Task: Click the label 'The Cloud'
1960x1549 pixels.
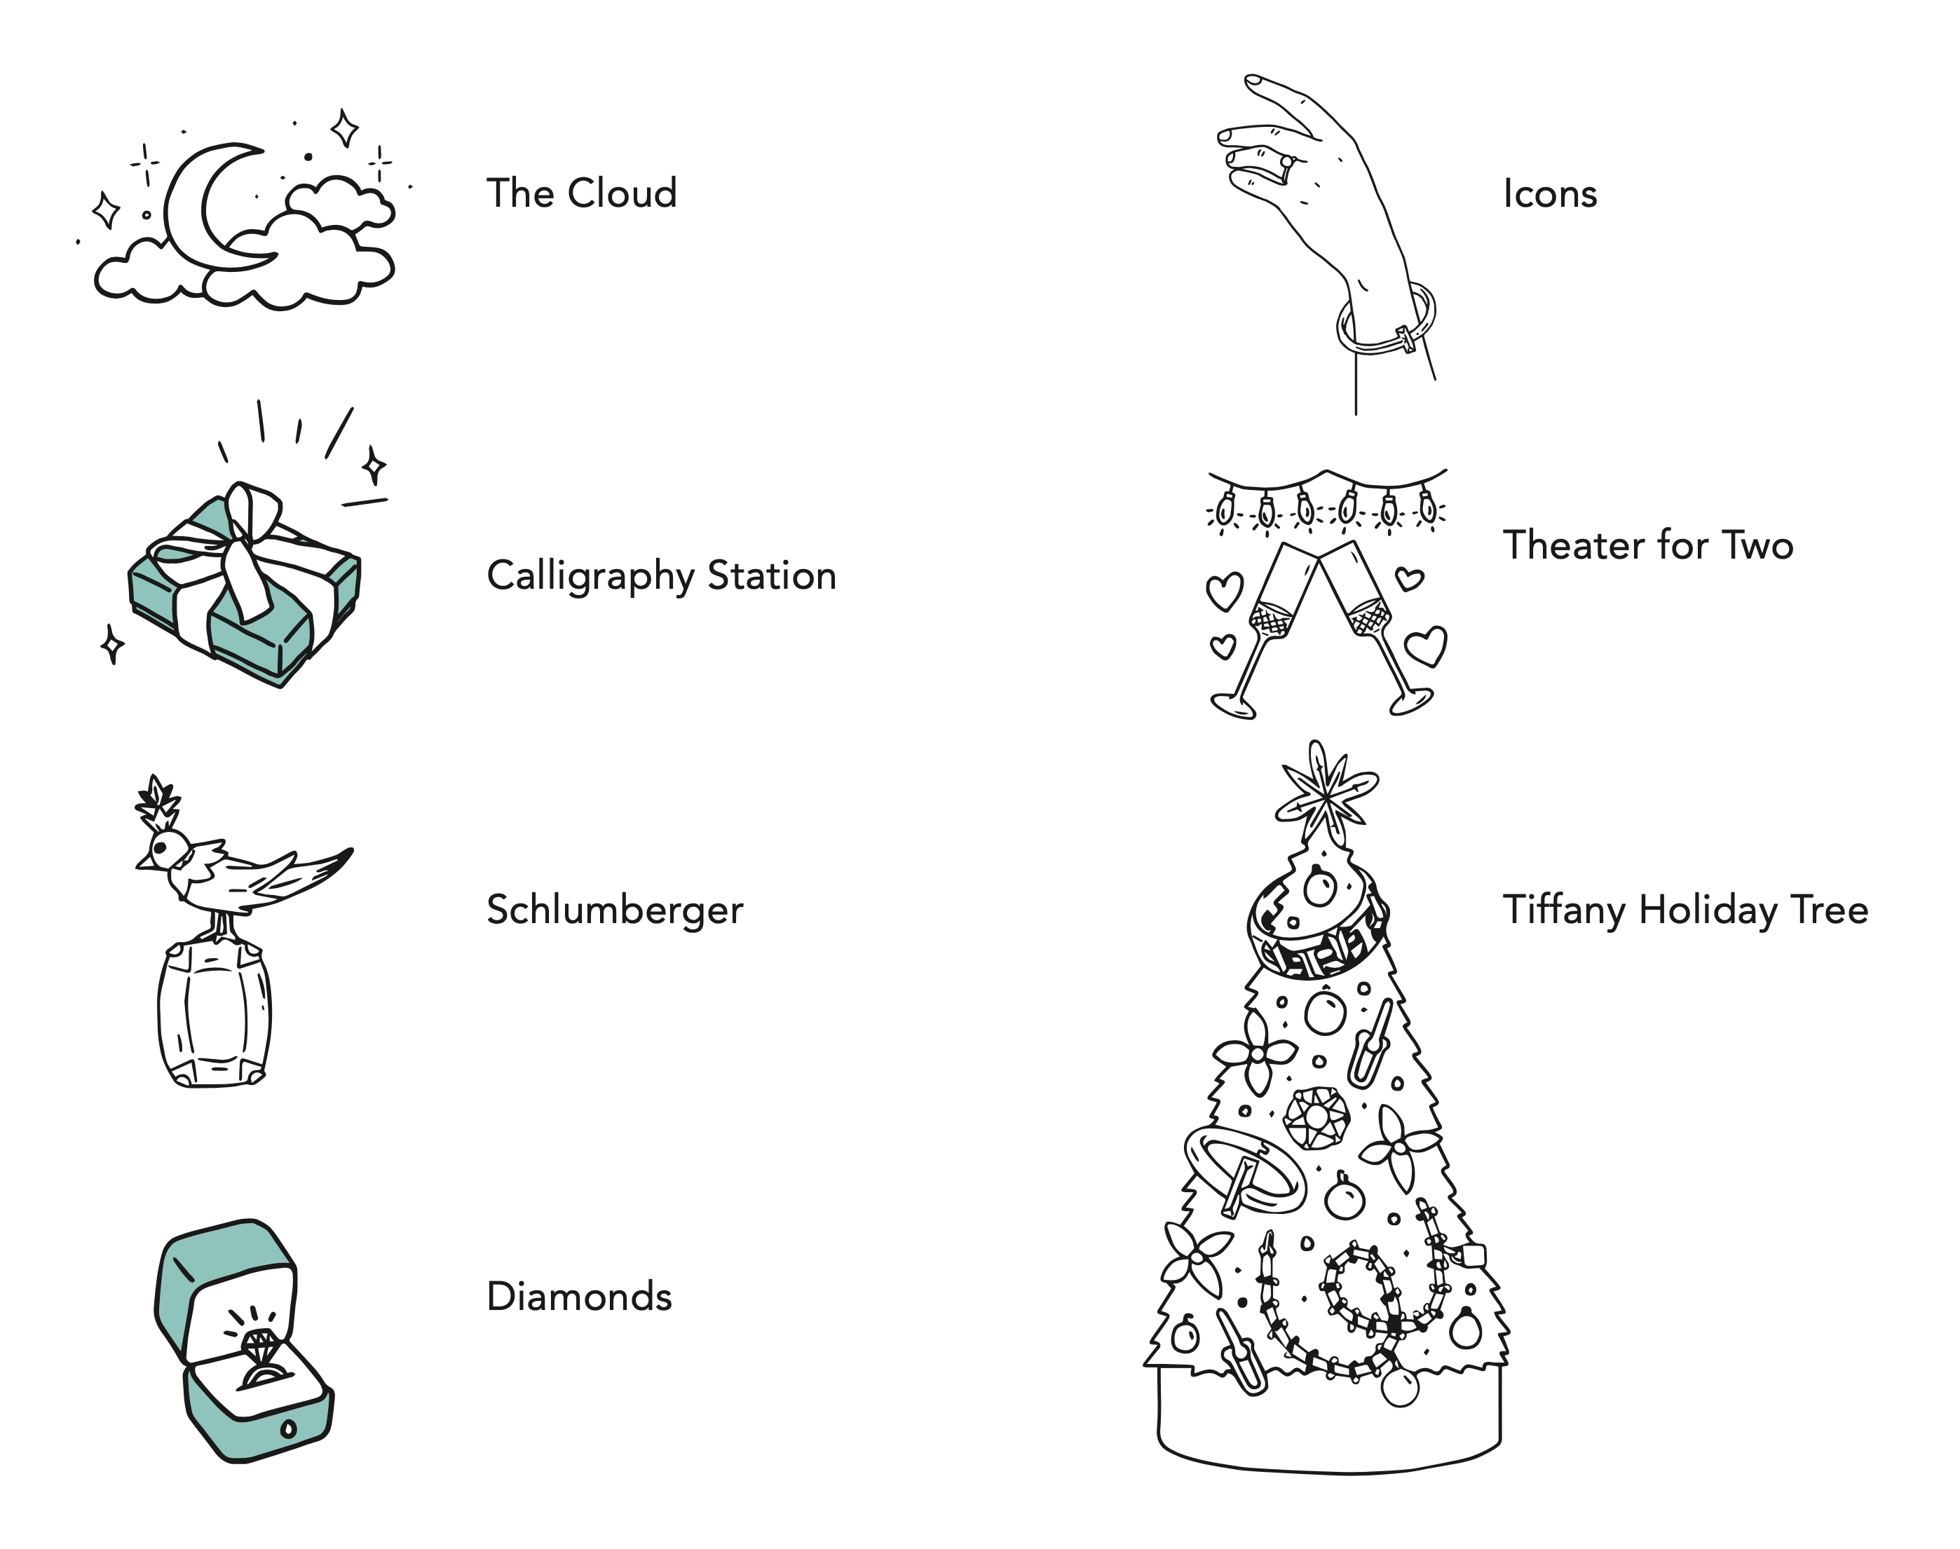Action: point(581,193)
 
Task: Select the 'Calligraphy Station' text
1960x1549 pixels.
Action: point(661,576)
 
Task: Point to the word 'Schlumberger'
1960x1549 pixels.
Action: point(614,910)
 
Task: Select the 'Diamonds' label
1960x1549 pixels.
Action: point(578,1297)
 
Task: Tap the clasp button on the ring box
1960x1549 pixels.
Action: point(288,1430)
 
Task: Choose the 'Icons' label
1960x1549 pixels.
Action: point(1549,194)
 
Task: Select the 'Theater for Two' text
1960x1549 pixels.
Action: point(1647,545)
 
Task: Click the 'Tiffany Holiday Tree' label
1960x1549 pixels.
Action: point(1685,910)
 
